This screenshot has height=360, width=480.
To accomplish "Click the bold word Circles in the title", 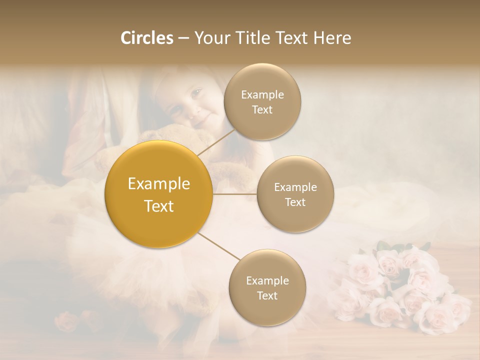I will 146,38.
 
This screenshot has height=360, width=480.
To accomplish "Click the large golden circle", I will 159,194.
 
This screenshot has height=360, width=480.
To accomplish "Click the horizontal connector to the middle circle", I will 235,194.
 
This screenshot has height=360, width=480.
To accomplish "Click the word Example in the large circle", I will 159,184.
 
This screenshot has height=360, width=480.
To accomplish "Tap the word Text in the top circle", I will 262,110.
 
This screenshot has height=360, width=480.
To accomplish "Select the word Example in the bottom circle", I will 267,280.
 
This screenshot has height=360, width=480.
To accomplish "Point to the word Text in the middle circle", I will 295,202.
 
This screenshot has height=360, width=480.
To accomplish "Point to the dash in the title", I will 183,38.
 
